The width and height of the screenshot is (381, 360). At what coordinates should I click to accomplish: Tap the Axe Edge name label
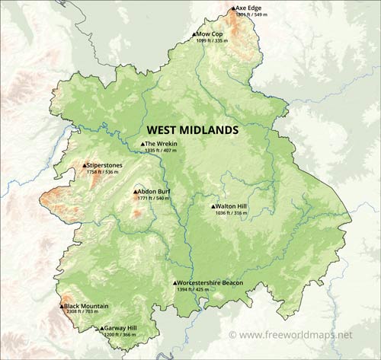[x=250, y=8]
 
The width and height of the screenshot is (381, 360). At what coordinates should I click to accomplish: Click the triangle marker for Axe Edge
[x=234, y=8]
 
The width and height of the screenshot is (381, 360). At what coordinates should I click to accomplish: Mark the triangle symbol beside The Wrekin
[x=142, y=144]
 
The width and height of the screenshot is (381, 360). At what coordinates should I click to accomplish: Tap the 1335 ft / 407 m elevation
[x=160, y=151]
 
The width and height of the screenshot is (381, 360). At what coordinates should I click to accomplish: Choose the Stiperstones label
[x=104, y=165]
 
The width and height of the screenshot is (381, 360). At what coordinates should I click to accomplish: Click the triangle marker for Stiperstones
[x=85, y=165]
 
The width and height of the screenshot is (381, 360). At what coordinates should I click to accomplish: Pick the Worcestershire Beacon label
[x=213, y=282]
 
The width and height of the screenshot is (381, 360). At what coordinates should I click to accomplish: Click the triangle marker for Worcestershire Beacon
[x=174, y=282]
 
